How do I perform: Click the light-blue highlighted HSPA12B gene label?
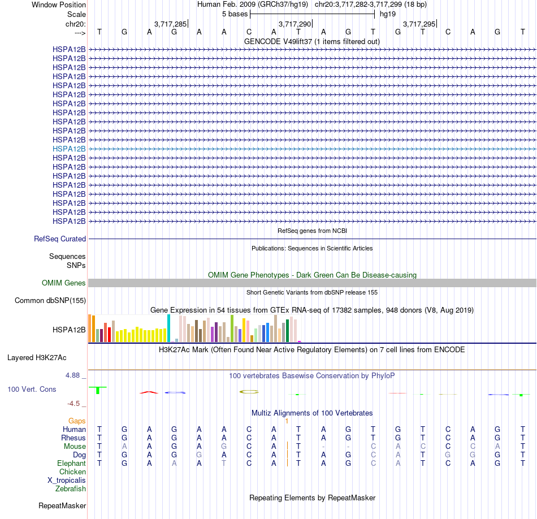tap(69, 149)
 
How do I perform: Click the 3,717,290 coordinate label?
tap(295, 24)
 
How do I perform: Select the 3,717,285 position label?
tap(170, 24)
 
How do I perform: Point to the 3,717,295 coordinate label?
tap(419, 24)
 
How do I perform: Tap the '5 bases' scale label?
tap(235, 14)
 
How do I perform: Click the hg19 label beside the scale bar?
tap(388, 14)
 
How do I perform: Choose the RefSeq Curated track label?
tap(60, 239)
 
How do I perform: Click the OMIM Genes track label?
tap(64, 283)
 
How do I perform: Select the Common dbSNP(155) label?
tap(50, 300)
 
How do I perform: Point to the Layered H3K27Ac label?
tap(37, 358)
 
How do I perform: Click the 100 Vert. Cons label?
tap(32, 389)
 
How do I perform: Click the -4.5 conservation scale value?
tap(73, 404)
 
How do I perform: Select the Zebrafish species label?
tap(71, 489)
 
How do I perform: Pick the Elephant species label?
tap(72, 463)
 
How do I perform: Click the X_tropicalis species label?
tap(67, 481)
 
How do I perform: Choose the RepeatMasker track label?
tap(62, 505)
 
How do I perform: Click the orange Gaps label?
tap(77, 421)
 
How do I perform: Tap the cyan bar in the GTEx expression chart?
tap(168, 328)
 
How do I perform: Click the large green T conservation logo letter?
tap(98, 390)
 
